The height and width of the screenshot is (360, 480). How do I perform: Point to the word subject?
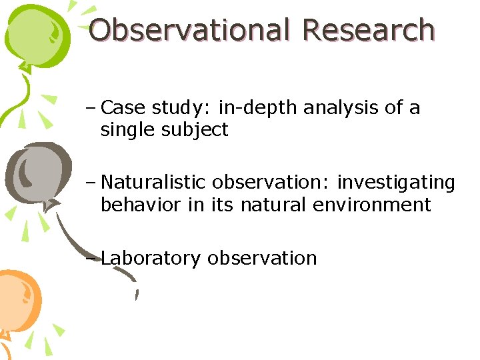(195, 130)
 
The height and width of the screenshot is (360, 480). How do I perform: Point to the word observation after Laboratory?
(262, 258)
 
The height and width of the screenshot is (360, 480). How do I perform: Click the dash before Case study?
(91, 109)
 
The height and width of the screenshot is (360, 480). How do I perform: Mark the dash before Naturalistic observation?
(91, 183)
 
